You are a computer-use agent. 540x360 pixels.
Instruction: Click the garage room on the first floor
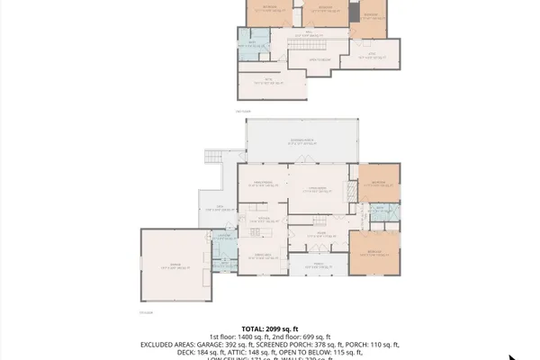click(173, 266)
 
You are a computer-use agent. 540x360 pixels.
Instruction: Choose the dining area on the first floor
click(262, 256)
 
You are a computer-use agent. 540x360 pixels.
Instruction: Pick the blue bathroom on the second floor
click(253, 42)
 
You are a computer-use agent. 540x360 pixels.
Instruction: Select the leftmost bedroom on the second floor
click(267, 12)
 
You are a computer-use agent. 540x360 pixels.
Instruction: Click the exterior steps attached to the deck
click(213, 158)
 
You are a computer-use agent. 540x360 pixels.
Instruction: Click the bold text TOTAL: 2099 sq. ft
click(269, 328)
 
